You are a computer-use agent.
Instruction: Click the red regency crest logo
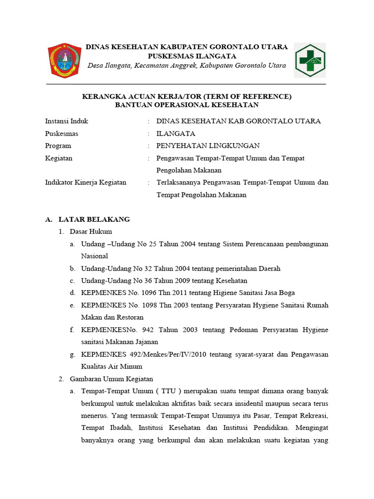coord(64,60)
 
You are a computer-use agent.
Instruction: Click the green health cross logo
coord(310,60)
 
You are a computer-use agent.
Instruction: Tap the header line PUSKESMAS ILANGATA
coord(187,56)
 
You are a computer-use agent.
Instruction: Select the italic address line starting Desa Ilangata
coord(187,66)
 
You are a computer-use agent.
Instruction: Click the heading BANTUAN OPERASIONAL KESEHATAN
coord(187,105)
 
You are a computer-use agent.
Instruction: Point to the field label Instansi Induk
coord(67,121)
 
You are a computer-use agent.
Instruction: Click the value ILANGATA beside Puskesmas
coord(176,134)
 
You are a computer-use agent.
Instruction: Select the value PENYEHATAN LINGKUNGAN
coord(208,146)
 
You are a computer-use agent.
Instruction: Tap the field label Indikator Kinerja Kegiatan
coord(86,182)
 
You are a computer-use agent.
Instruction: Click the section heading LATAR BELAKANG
coord(94,219)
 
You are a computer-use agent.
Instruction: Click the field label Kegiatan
coord(58,158)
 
